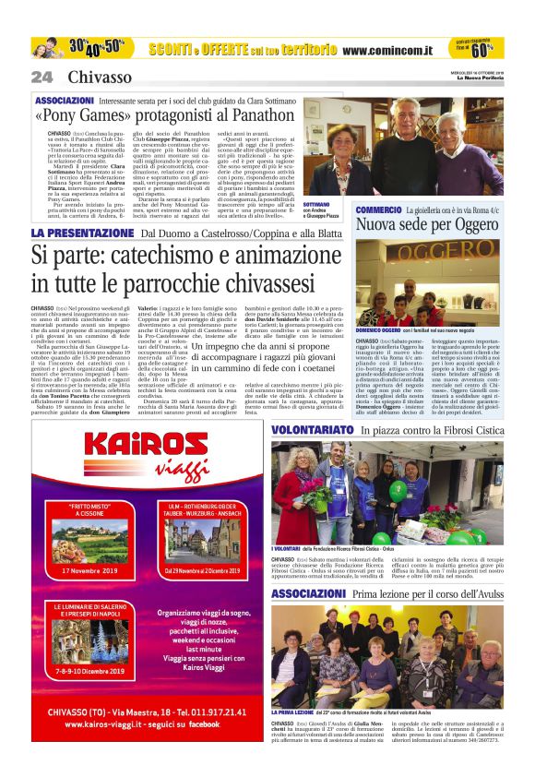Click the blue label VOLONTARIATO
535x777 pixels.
coord(314,430)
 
